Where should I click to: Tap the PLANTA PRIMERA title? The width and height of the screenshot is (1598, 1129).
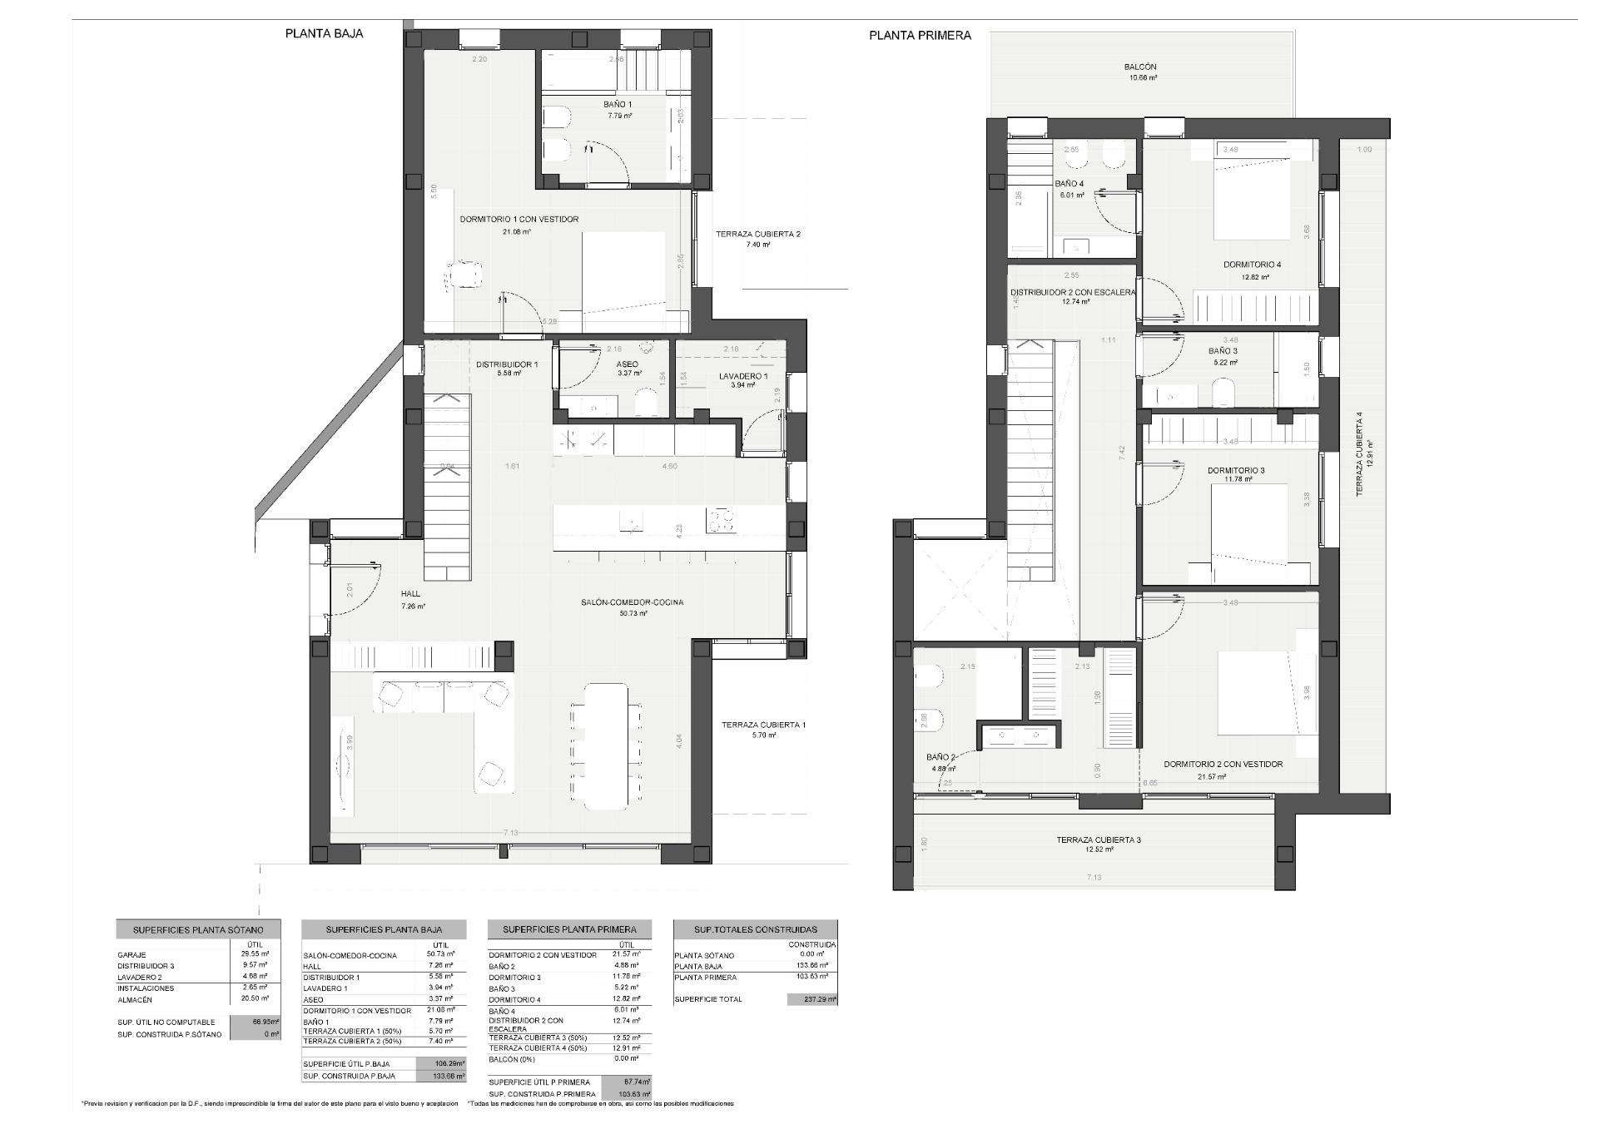[x=920, y=35]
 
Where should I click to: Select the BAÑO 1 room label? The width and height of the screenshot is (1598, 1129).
[x=618, y=105]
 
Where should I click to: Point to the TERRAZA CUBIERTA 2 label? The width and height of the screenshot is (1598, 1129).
[x=757, y=235]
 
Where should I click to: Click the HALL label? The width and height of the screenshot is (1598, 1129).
[x=410, y=594]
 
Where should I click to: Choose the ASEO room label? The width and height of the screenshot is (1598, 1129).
[x=627, y=364]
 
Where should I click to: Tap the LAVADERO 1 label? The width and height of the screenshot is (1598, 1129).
[x=742, y=376]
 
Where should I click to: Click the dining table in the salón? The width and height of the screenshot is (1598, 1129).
[x=606, y=745]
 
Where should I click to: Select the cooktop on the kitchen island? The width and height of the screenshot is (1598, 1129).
[x=721, y=521]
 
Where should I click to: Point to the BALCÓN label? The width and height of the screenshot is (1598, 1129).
[x=1139, y=67]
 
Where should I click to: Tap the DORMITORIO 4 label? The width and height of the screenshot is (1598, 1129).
[x=1252, y=265]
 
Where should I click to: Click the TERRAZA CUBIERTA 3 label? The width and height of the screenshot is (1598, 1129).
[x=1098, y=839]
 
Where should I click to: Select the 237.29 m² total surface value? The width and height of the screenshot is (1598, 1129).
[x=811, y=999]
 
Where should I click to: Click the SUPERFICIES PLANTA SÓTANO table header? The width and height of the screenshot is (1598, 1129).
[x=198, y=929]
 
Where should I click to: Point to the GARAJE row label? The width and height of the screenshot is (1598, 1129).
[x=132, y=955]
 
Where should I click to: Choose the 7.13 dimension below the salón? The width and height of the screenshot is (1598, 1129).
[x=511, y=833]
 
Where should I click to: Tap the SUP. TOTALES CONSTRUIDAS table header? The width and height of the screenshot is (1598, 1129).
[x=756, y=929]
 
